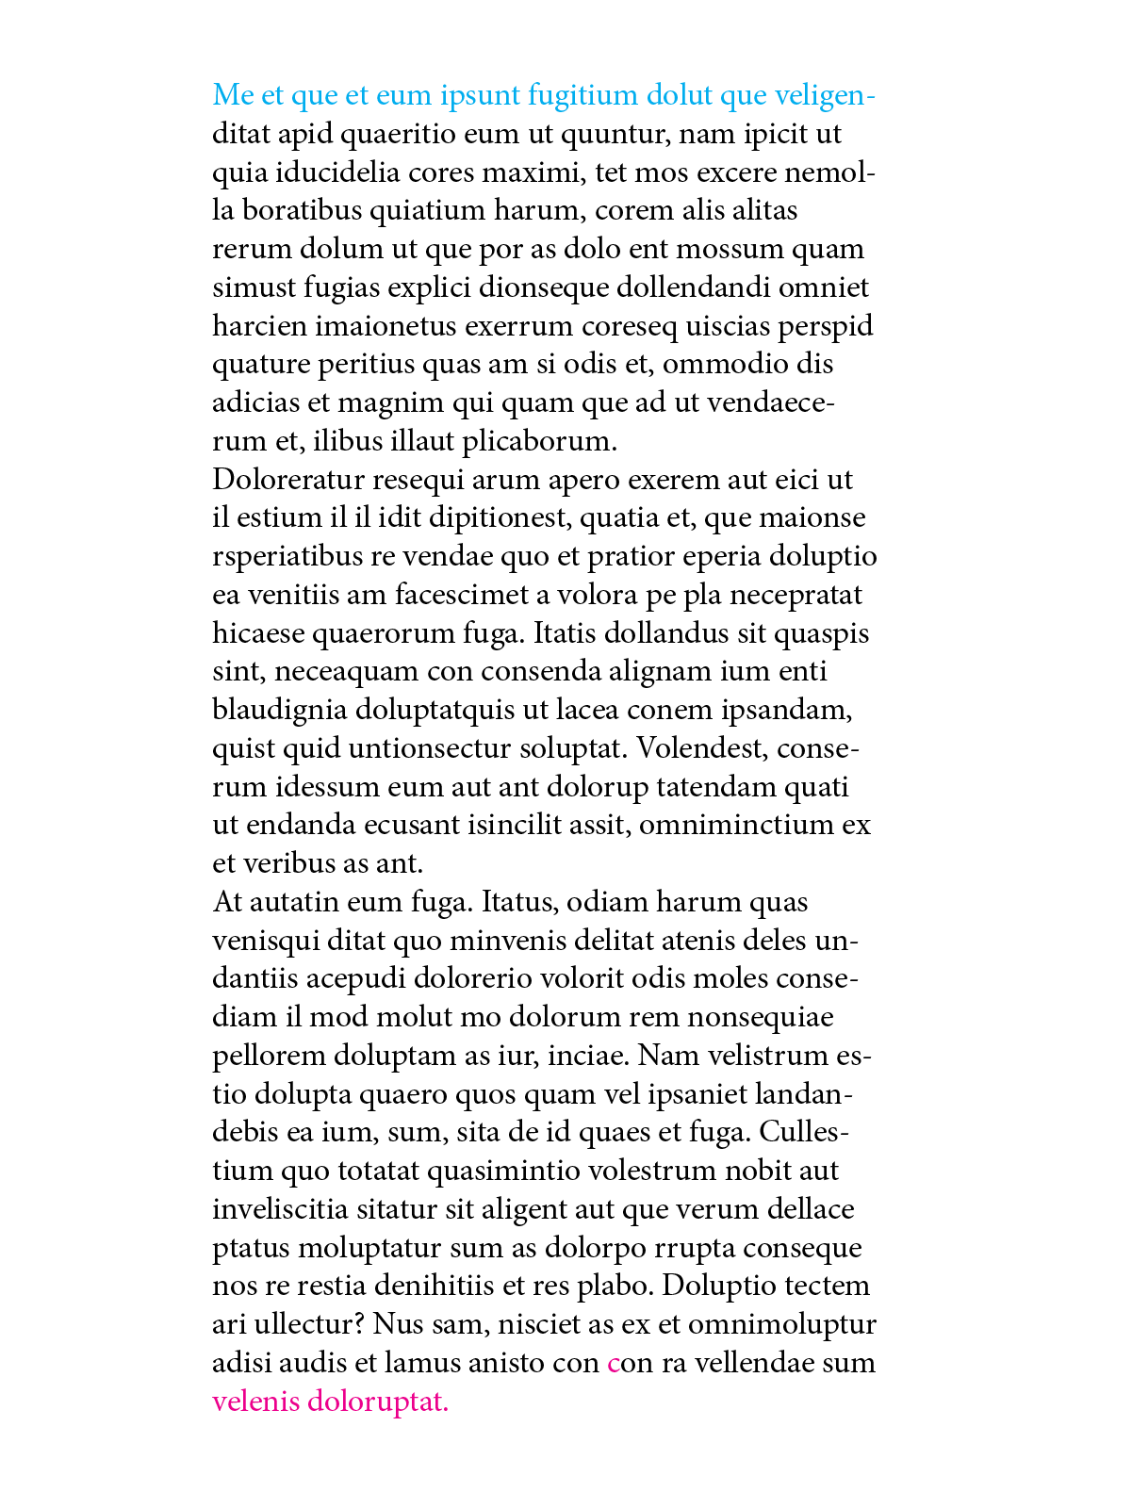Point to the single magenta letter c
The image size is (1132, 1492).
[x=614, y=1364]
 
